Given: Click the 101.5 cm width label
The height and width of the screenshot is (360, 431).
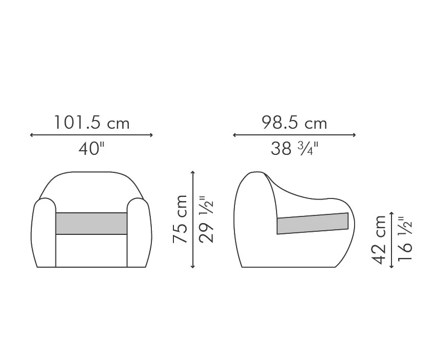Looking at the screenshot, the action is (x=91, y=123).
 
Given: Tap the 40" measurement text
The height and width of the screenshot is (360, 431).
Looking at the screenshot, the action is (x=91, y=148).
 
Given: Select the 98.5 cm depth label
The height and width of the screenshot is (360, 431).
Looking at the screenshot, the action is (x=295, y=123).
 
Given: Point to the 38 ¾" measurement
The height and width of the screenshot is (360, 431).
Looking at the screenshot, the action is (x=295, y=148).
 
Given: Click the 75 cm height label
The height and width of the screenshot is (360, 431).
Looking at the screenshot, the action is (x=180, y=219).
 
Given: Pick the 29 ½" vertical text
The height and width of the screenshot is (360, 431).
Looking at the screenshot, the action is (x=206, y=219).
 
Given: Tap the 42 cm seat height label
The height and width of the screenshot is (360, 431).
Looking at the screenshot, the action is (x=379, y=239).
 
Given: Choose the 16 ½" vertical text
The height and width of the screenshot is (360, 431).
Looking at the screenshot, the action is (x=405, y=238).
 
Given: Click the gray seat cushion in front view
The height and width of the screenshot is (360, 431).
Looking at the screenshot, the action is (x=91, y=224).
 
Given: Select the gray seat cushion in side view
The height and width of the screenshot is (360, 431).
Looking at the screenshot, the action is (x=312, y=224).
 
